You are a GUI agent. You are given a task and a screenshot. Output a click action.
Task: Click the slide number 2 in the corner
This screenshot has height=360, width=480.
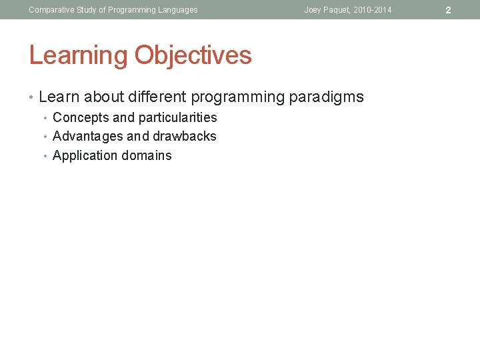[x=448, y=10]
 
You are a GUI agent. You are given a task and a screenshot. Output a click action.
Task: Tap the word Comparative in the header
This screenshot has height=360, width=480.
[x=51, y=10]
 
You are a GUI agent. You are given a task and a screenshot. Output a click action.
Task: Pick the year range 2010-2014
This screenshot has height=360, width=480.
[x=374, y=10]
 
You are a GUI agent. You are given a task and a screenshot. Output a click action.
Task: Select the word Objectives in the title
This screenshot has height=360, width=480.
[x=193, y=55]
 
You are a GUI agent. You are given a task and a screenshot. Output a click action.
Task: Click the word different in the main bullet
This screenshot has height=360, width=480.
[x=160, y=97]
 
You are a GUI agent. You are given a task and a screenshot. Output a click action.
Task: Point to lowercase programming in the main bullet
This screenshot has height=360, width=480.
[x=238, y=97]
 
